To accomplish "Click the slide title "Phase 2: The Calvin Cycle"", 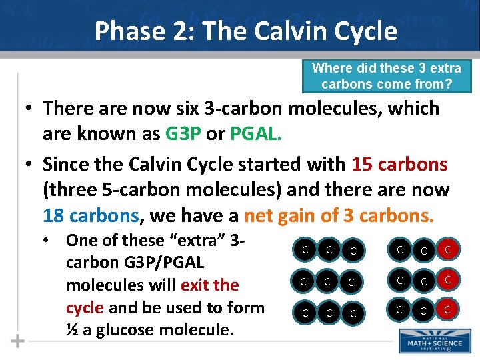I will point(245,31).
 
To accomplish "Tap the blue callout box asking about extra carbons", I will point(387,76).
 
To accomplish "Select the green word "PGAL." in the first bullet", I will point(257,133).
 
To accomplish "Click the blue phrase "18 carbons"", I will point(91,216).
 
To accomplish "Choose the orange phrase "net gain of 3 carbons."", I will point(339,216).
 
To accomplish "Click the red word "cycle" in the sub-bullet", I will point(85,307).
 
